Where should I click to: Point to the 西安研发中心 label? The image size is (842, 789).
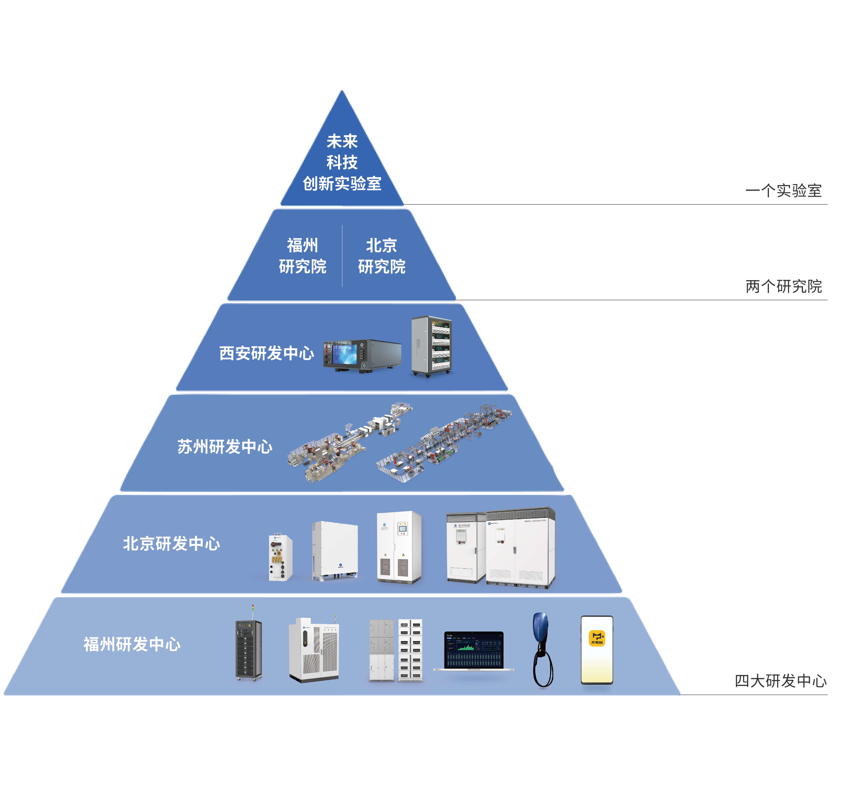click(x=266, y=353)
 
